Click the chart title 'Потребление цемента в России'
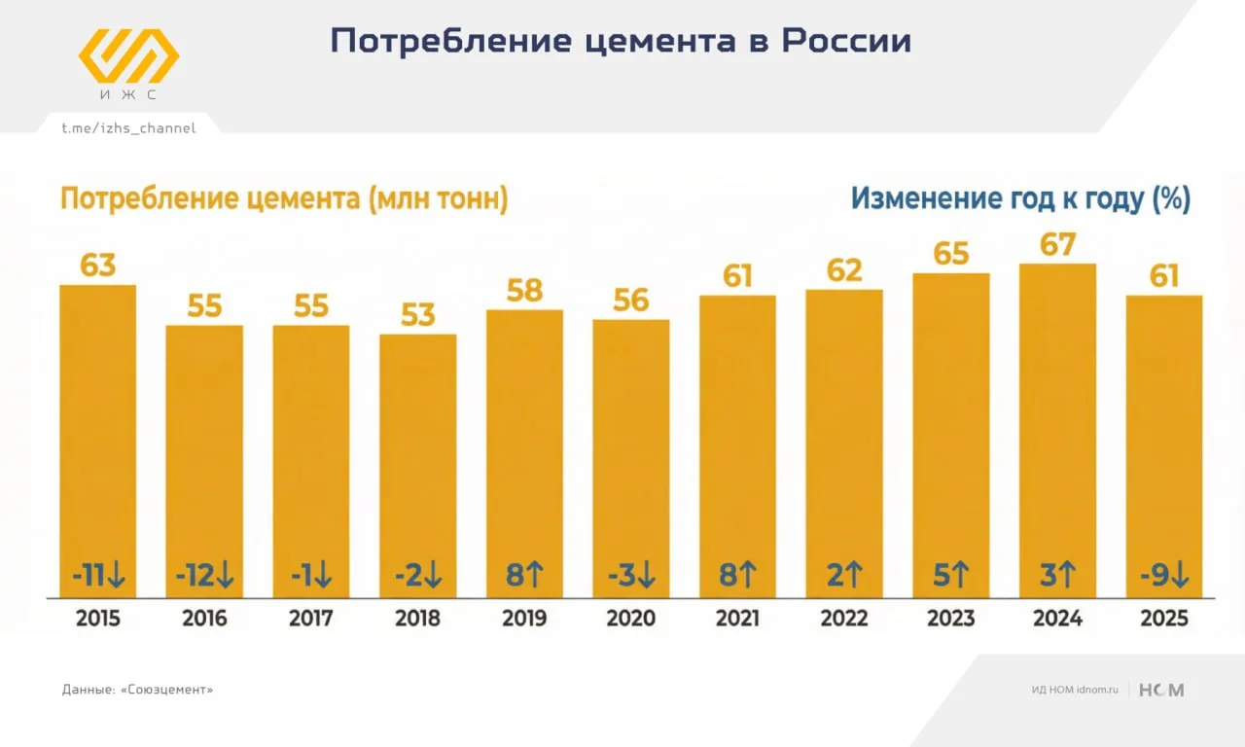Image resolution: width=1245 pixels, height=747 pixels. pos(621,41)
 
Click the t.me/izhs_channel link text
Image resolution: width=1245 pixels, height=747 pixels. pos(128,128)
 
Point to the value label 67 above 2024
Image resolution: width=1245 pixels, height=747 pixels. pos(1057,244)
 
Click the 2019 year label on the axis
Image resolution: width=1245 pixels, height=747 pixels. pos(524,619)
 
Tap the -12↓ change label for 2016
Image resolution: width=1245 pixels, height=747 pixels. pos(204,576)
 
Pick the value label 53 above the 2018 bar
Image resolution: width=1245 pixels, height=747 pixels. pos(417,315)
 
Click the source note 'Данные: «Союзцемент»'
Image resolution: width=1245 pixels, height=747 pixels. pos(137,690)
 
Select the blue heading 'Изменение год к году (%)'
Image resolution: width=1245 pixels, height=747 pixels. pos(1020,199)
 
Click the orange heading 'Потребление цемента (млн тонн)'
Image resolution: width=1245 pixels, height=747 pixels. pos(284,199)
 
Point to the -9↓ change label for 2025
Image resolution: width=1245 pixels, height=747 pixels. pos(1164,576)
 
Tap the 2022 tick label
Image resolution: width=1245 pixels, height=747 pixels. pos(844,619)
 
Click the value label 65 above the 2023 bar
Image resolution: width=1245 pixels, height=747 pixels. pos(950,254)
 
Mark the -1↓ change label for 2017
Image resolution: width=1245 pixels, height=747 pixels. pos(311,576)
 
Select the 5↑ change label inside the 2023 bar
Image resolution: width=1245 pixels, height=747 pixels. pos(950,576)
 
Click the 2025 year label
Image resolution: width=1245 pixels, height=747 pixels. pos(1164,619)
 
